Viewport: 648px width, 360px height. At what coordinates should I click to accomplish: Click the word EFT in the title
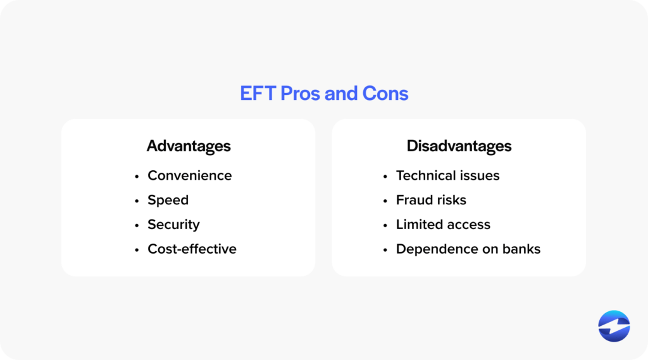point(258,94)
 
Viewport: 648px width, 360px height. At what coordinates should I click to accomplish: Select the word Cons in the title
point(385,94)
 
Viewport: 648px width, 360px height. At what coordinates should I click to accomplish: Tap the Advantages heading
point(189,146)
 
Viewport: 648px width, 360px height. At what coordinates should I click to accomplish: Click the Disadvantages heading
point(459,146)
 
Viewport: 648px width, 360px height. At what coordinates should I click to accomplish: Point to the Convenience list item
point(190,175)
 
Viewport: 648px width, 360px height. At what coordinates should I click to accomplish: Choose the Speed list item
point(168,200)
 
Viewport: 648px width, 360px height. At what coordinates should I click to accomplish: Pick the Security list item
point(173,225)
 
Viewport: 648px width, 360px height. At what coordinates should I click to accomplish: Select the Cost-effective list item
point(192,249)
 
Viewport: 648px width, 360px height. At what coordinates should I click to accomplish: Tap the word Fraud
point(412,200)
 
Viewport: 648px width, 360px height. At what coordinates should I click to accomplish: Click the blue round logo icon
point(614,326)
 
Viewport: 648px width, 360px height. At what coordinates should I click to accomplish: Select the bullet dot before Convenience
point(137,177)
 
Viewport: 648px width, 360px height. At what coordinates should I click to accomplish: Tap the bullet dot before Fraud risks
point(385,201)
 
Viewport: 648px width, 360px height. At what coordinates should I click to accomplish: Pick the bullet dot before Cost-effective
point(137,250)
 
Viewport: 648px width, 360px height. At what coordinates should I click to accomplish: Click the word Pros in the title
point(300,94)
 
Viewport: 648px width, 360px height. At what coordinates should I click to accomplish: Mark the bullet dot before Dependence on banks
point(385,250)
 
